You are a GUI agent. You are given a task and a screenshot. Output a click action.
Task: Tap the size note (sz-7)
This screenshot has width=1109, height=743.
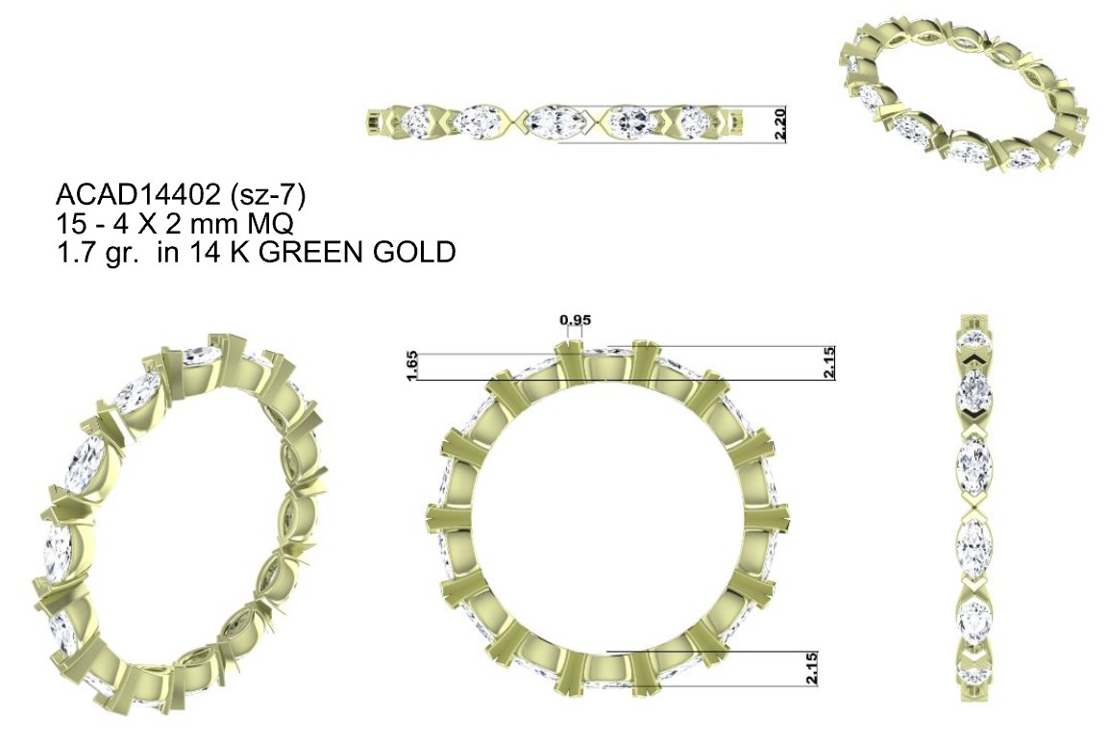pyautogui.click(x=273, y=196)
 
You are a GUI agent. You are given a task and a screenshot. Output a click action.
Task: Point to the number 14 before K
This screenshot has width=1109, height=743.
pyautogui.click(x=203, y=251)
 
